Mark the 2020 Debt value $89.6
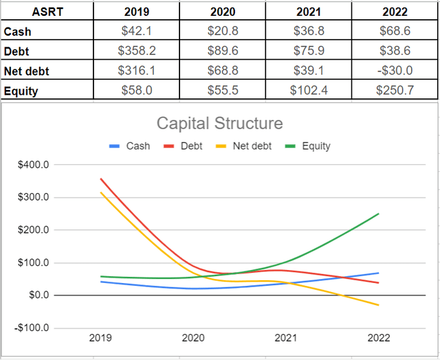[222, 51]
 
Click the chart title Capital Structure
[219, 124]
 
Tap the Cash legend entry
[131, 146]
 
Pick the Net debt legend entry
[246, 146]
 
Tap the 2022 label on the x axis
[379, 338]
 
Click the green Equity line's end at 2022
[379, 214]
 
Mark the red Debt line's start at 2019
[100, 179]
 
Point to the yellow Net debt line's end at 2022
[379, 305]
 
